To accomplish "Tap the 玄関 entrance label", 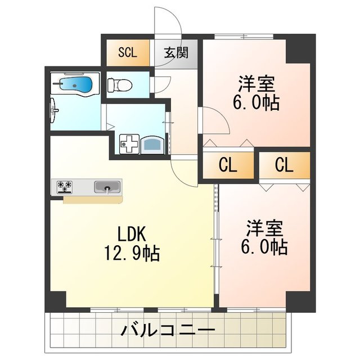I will point(175,53).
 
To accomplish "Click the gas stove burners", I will point(65,186).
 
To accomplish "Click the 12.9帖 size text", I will point(132,254).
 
